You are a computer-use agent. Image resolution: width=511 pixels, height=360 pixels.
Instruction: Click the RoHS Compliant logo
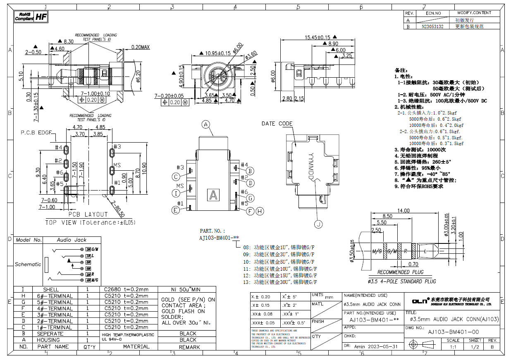pyautogui.click(x=24, y=17)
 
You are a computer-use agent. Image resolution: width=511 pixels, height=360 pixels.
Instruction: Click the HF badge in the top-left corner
pyautogui.click(x=41, y=17)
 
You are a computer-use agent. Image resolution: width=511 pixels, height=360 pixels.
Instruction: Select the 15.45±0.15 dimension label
pyautogui.click(x=318, y=37)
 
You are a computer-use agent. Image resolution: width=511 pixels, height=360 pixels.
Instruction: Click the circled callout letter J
pyautogui.click(x=318, y=224)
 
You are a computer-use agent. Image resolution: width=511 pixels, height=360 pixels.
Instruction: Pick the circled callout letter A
pyautogui.click(x=206, y=124)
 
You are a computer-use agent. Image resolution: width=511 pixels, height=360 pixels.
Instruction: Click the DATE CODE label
pyautogui.click(x=277, y=124)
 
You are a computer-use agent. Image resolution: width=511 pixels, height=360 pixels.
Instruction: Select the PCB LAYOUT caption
pyautogui.click(x=88, y=214)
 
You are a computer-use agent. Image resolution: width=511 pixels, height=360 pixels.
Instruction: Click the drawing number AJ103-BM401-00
pyautogui.click(x=453, y=332)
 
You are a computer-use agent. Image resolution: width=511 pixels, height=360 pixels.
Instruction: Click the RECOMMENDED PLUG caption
pyautogui.click(x=400, y=272)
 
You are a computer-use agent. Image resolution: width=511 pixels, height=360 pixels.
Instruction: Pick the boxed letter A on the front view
pyautogui.click(x=214, y=195)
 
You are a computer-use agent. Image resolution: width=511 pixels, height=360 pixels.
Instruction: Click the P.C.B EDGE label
pyautogui.click(x=36, y=133)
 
